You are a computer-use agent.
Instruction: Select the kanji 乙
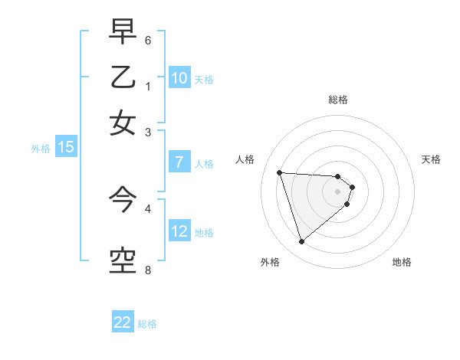click(123, 77)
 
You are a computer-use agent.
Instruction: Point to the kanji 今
click(123, 201)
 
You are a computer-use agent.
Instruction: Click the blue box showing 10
click(179, 78)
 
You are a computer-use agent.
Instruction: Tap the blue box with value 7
click(179, 162)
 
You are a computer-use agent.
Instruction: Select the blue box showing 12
click(179, 231)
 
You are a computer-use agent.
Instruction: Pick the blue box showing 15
click(65, 148)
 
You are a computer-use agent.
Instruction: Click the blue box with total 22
click(123, 322)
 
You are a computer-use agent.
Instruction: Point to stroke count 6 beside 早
click(148, 40)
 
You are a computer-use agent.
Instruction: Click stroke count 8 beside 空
click(148, 270)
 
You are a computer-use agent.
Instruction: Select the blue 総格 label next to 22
click(147, 324)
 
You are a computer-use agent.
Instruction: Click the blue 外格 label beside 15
click(41, 149)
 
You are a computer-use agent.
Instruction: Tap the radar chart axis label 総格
click(338, 100)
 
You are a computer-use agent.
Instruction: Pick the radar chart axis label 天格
click(432, 159)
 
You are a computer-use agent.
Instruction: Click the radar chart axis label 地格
click(402, 262)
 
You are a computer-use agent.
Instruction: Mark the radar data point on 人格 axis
click(280, 172)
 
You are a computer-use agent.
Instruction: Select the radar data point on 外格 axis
click(302, 242)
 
